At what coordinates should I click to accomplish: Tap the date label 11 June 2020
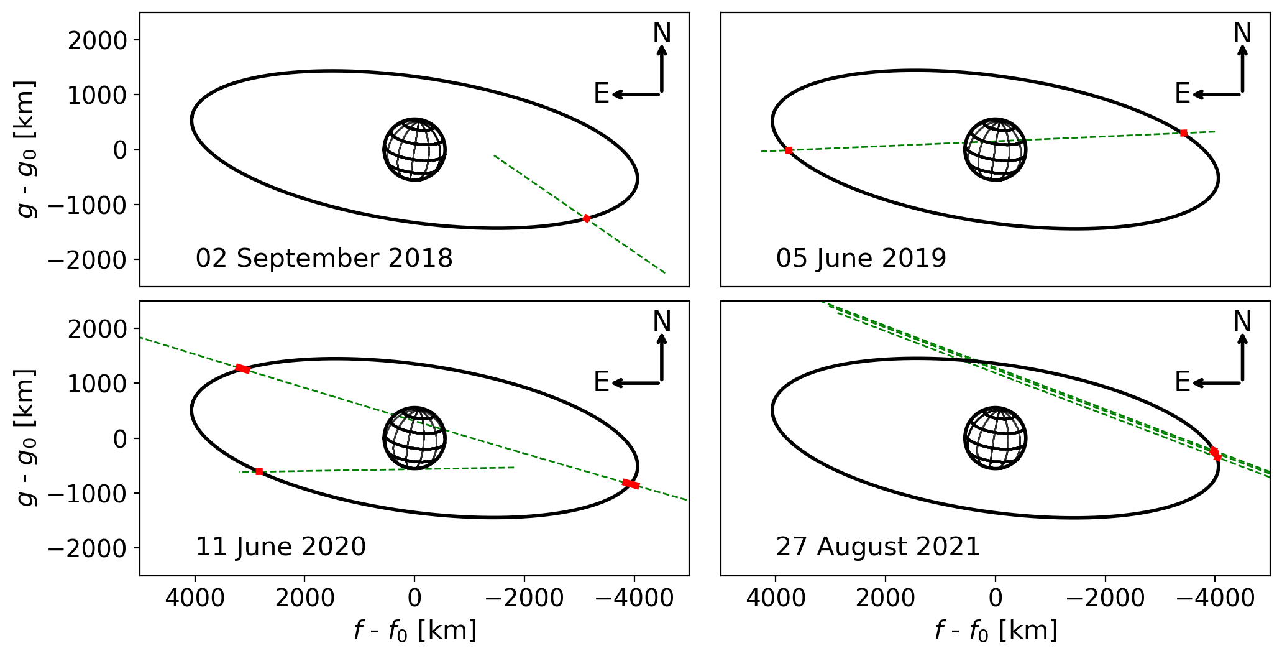click(281, 547)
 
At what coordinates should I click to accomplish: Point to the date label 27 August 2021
click(877, 547)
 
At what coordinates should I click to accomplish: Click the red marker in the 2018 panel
click(586, 218)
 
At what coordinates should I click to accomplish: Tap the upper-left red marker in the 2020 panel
click(243, 369)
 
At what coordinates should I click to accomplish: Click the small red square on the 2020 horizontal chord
click(259, 471)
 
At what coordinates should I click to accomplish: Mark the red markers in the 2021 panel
click(1215, 454)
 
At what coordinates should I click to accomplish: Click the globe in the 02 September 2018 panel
click(414, 150)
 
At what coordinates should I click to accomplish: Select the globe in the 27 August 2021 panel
click(995, 438)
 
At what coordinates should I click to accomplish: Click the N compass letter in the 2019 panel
click(1242, 33)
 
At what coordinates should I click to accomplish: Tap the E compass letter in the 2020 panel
click(601, 382)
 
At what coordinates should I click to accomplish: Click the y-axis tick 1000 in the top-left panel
click(97, 95)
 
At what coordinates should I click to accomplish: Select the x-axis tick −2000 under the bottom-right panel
click(1105, 598)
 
